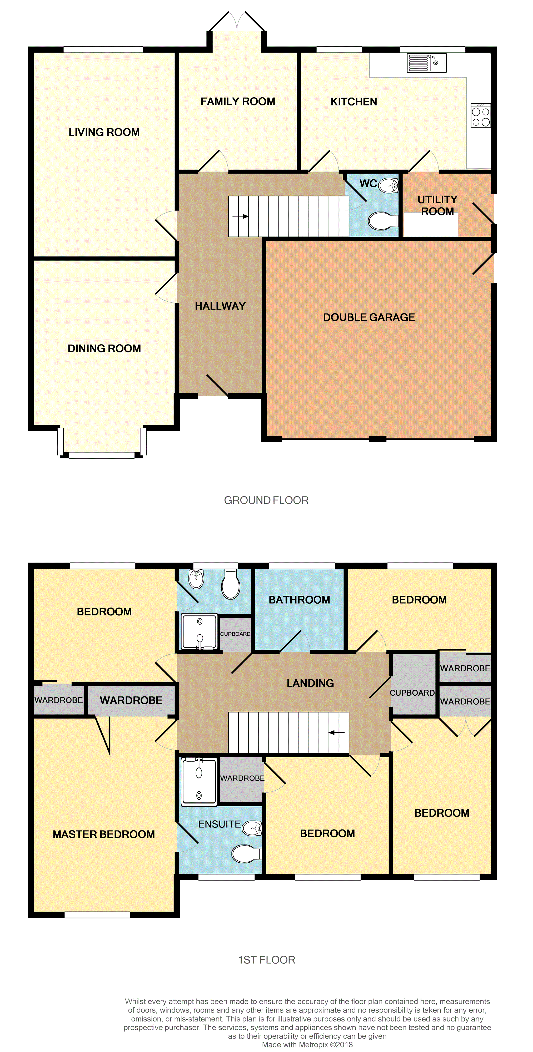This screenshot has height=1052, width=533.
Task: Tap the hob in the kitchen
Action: [x=481, y=115]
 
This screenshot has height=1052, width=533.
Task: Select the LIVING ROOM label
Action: [x=104, y=132]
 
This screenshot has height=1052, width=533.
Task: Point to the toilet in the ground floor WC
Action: [x=383, y=221]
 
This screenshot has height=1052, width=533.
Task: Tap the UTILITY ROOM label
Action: [x=437, y=205]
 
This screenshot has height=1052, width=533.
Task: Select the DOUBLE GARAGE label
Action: [x=369, y=317]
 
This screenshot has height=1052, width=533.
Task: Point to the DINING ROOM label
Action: [x=104, y=348]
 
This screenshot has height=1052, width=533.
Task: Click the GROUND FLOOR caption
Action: [x=266, y=500]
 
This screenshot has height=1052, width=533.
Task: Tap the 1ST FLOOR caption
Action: [x=266, y=960]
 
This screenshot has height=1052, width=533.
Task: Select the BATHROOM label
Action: [x=299, y=600]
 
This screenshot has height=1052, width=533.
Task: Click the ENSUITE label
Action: [x=220, y=824]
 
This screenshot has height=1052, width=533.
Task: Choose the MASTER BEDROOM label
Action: [x=104, y=834]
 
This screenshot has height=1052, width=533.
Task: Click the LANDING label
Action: [x=310, y=683]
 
